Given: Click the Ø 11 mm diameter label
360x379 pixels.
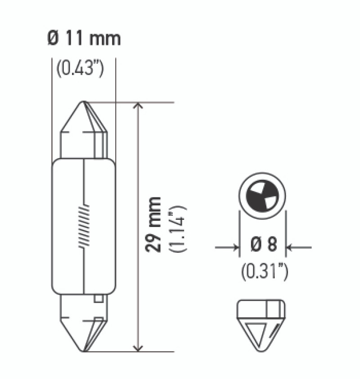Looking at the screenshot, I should coord(84,39).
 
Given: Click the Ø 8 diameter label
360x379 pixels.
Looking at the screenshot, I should coord(263,245).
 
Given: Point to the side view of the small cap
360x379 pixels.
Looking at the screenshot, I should coord(261,323).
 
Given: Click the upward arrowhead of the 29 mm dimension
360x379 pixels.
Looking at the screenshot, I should coord(139,107).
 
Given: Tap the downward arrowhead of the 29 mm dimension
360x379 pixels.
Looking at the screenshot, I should coord(139,347).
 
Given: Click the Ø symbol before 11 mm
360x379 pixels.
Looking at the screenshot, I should coord(52,39).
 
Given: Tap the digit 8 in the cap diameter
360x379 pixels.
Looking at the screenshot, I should coord(271,245).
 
